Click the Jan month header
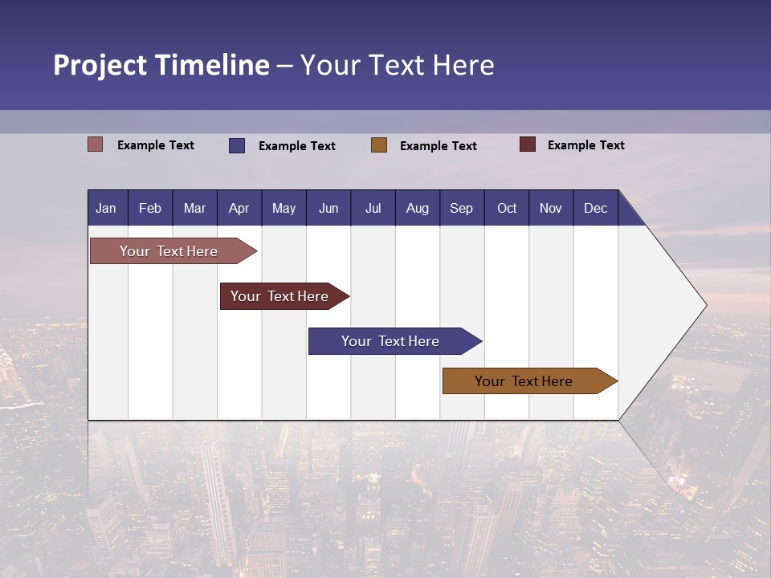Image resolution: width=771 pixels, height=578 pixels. pos(106,208)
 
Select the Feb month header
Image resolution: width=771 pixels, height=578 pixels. pos(150,208)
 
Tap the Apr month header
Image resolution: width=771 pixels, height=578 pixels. pos(239,208)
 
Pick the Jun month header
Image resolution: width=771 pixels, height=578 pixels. pos(328,208)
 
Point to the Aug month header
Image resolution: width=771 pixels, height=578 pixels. pos(418,208)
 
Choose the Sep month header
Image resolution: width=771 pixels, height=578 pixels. pos(461,208)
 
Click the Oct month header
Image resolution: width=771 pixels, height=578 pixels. pos(507,208)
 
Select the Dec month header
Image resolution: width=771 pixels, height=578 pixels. pos(595,208)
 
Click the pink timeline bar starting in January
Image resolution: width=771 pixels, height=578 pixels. pos(169,251)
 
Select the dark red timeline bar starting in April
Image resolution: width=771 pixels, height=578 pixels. pos(280,296)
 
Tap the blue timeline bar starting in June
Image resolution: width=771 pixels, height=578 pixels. pos(391,341)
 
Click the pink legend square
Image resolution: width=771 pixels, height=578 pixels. pos(96,144)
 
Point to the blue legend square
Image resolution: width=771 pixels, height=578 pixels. pos(237,145)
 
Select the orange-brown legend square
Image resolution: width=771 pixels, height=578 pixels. pos(379,145)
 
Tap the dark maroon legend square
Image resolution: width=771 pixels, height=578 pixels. pos(528,144)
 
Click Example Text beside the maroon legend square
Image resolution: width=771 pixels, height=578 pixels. pos(585,145)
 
